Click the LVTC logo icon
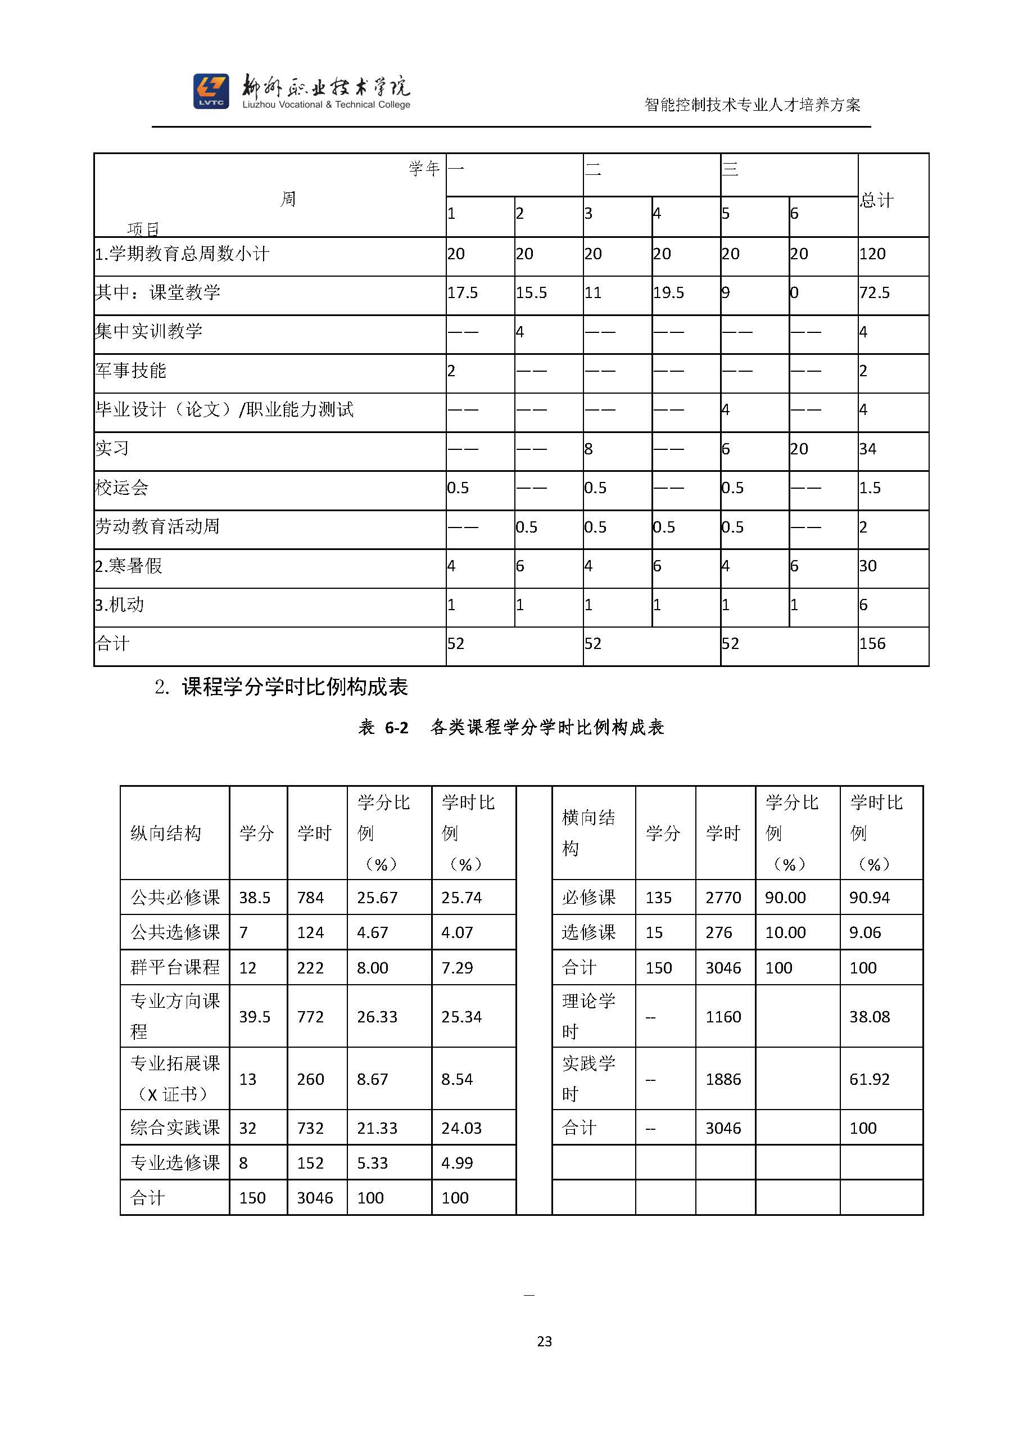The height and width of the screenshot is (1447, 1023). point(211,91)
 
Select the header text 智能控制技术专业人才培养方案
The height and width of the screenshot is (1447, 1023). point(752,105)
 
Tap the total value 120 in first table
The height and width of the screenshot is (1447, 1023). point(872,254)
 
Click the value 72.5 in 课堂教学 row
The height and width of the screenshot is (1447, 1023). point(875,293)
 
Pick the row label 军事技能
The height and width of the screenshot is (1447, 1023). point(131,371)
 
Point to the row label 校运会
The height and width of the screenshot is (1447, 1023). point(122,487)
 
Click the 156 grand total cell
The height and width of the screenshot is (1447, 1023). point(872,643)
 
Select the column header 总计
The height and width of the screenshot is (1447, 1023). point(877,200)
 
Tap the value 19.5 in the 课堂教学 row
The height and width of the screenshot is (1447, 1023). point(668,293)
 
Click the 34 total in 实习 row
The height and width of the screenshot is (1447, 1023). point(867,449)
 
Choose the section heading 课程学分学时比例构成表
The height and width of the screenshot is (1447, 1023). point(295,686)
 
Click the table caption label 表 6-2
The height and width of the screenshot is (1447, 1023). point(383,728)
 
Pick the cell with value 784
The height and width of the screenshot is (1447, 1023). point(310,898)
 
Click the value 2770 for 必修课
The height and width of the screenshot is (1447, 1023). point(723,898)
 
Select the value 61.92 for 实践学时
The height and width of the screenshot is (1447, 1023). point(870,1079)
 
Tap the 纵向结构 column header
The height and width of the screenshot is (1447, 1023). point(166,833)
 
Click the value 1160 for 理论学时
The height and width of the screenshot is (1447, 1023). point(723,1017)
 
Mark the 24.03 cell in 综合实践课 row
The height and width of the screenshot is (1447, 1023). point(461,1128)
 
